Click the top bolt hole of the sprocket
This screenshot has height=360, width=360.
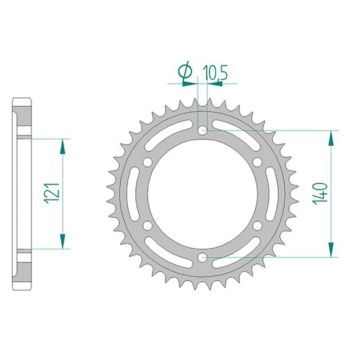click(203, 130)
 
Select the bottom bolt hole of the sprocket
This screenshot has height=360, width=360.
click(203, 257)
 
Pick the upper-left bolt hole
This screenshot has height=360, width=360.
click(148, 162)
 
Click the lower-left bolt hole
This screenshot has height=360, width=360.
click(148, 225)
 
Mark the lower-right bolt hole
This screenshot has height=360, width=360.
click(258, 225)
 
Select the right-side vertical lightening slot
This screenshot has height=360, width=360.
click(272, 193)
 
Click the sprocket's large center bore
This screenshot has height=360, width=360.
click(203, 193)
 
